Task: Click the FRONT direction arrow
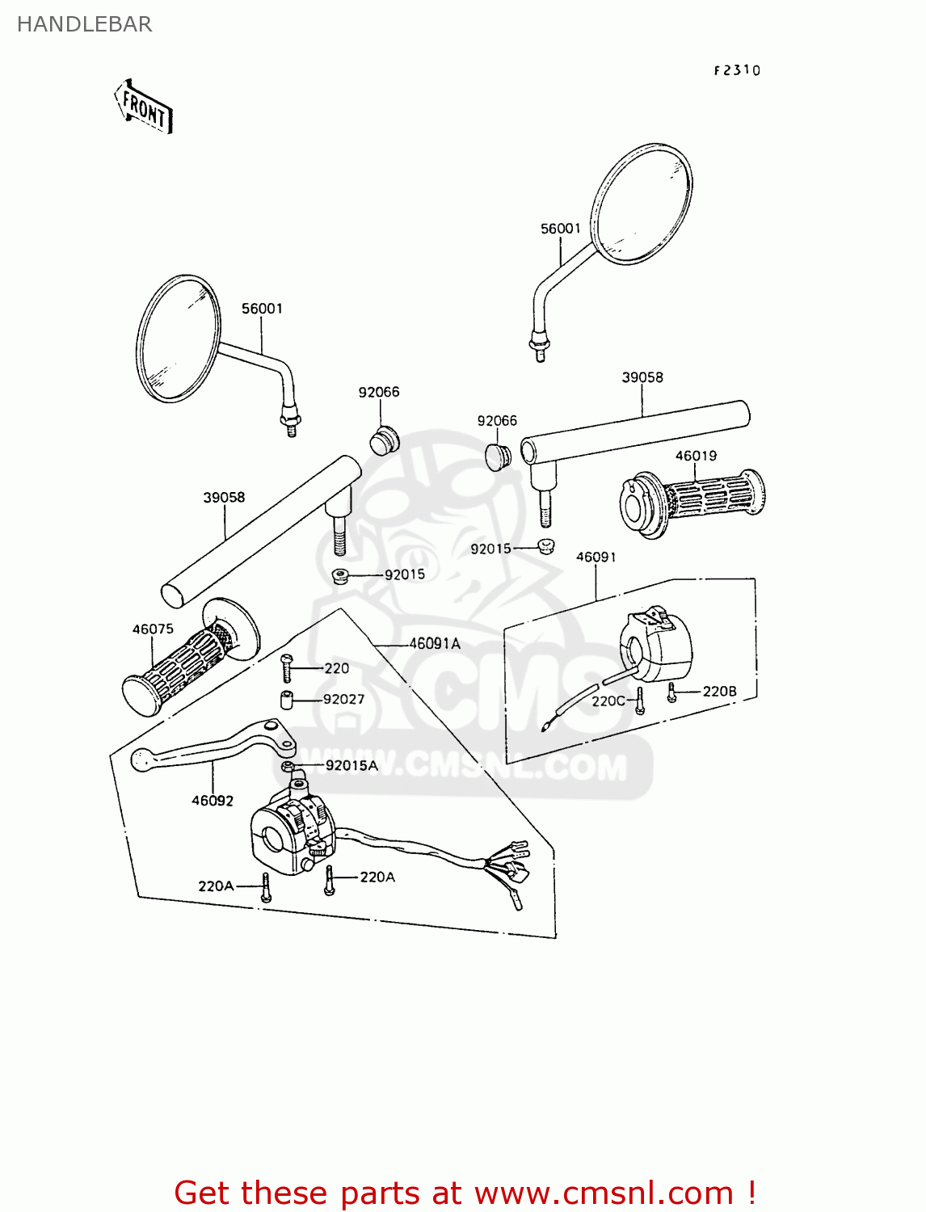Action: tap(144, 107)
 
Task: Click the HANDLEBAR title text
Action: tap(84, 24)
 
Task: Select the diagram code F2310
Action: tap(737, 70)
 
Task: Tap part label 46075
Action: tap(153, 629)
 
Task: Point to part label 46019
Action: tap(696, 456)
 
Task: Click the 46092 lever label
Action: tap(213, 801)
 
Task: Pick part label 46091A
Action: tap(435, 644)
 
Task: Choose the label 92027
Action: tap(343, 699)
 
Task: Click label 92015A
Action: tap(351, 765)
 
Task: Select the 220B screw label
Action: tap(719, 691)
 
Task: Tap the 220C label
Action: tap(608, 701)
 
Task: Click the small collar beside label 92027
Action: tap(286, 700)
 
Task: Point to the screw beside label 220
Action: tap(286, 668)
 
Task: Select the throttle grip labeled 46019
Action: tap(692, 500)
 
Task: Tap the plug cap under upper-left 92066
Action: tap(385, 440)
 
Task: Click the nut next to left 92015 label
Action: tap(340, 576)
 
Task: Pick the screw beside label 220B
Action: tap(671, 692)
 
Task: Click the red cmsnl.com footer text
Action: tap(465, 1193)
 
